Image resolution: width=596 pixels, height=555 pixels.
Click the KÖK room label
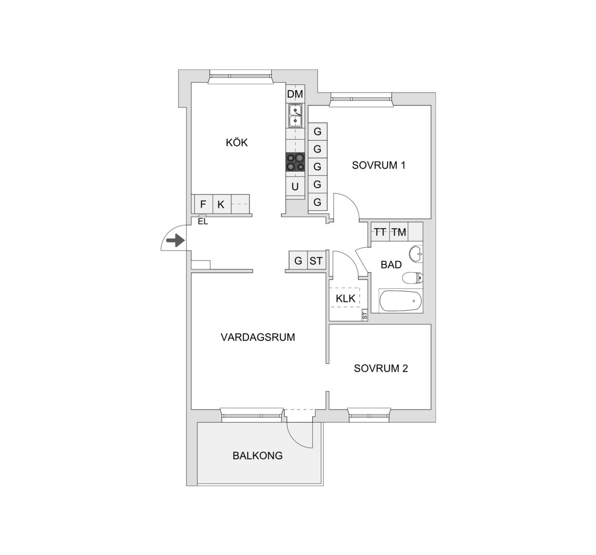(237, 142)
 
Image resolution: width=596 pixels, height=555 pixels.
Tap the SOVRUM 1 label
(378, 165)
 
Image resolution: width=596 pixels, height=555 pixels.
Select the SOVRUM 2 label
(381, 368)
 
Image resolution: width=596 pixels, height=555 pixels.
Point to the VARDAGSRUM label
(258, 337)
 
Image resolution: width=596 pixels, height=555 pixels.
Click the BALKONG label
(258, 455)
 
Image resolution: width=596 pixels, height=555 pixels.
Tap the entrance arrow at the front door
(176, 240)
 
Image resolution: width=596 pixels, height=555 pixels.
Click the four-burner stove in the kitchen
(295, 162)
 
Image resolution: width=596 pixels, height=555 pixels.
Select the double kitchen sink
(295, 116)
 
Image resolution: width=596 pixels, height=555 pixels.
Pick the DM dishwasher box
(295, 94)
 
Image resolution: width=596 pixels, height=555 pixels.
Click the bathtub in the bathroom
(400, 301)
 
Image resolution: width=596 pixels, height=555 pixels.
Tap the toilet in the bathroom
(413, 278)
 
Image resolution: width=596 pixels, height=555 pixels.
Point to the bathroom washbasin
(416, 254)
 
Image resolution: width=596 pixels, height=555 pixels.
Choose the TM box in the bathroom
(399, 232)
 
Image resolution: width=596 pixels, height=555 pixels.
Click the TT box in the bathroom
(380, 232)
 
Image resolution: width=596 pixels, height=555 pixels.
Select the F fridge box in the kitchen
(203, 205)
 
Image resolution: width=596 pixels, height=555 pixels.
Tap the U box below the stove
(295, 187)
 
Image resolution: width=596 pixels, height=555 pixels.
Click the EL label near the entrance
(203, 221)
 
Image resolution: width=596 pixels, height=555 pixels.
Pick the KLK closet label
(345, 299)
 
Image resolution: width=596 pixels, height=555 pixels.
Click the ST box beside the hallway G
(316, 261)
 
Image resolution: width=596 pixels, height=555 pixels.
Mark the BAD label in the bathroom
(391, 264)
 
